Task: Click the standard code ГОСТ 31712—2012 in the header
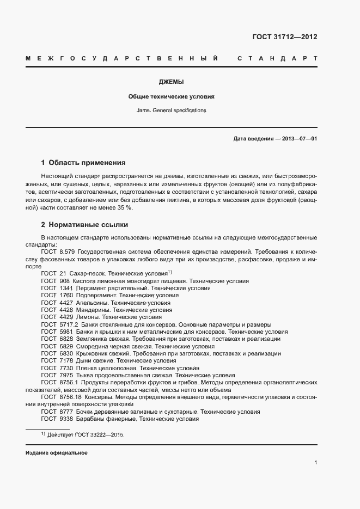[x=285, y=37]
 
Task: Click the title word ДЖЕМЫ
[x=171, y=82]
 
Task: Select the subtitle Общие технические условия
[x=171, y=96]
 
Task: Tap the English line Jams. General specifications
[x=171, y=110]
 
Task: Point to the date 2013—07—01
[x=300, y=139]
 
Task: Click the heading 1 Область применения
[x=83, y=162]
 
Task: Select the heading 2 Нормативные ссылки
[x=84, y=224]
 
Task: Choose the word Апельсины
[x=90, y=303]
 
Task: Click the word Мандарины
[x=91, y=310]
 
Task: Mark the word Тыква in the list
[x=84, y=375]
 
